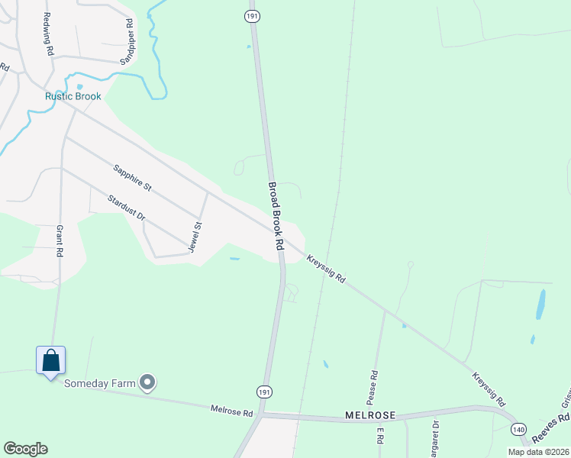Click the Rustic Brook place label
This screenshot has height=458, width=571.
point(73,96)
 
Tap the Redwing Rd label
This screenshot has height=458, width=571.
point(48,34)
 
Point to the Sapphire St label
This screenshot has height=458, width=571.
point(132,177)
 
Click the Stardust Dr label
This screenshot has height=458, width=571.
point(126,207)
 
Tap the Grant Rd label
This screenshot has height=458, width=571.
point(60,241)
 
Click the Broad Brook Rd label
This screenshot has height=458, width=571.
point(276,217)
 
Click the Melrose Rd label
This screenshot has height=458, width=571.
point(231,411)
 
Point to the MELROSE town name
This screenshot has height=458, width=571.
point(369,415)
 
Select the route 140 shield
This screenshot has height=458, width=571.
point(519,430)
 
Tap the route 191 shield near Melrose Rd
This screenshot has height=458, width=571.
point(263,391)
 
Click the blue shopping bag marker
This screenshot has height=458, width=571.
point(50,360)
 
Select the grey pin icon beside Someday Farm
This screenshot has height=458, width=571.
point(148,382)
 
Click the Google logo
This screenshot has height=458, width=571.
point(25,448)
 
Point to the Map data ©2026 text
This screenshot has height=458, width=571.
point(538,452)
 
